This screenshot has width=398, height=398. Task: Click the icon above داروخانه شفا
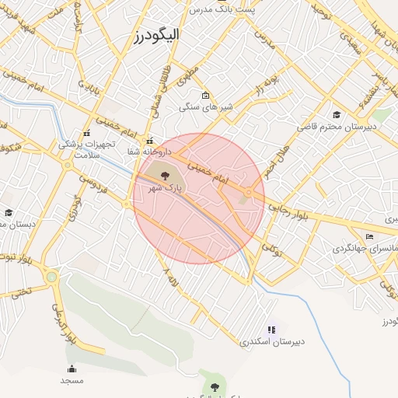(x=148, y=141)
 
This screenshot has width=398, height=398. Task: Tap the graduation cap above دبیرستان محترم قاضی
(x=336, y=114)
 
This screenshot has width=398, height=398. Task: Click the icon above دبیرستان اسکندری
(x=271, y=330)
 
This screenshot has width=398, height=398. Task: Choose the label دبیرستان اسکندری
(x=272, y=342)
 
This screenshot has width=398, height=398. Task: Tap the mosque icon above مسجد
(x=72, y=369)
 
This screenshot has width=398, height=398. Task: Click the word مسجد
(x=72, y=381)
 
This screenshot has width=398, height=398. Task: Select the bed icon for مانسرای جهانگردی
(x=369, y=236)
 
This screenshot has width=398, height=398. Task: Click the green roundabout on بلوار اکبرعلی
(x=51, y=276)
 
